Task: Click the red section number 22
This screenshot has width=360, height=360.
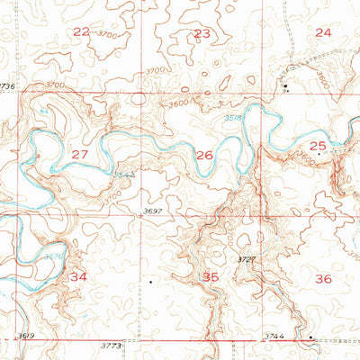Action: (x=82, y=31)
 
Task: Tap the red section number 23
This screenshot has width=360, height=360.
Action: (x=202, y=33)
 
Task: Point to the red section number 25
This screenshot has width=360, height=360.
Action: (x=317, y=145)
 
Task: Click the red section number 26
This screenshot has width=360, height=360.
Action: (x=205, y=155)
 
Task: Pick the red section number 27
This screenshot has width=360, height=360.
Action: (x=80, y=155)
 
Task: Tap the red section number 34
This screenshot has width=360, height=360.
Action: (x=79, y=276)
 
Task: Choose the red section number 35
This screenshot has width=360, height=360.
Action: (x=211, y=277)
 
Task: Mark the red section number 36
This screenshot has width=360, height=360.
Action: (x=324, y=279)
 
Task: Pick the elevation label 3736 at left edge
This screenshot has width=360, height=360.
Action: (x=8, y=85)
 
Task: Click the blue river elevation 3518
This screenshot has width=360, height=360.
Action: (x=233, y=115)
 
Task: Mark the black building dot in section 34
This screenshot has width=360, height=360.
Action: (x=149, y=282)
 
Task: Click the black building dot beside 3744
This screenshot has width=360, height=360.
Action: (x=310, y=337)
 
